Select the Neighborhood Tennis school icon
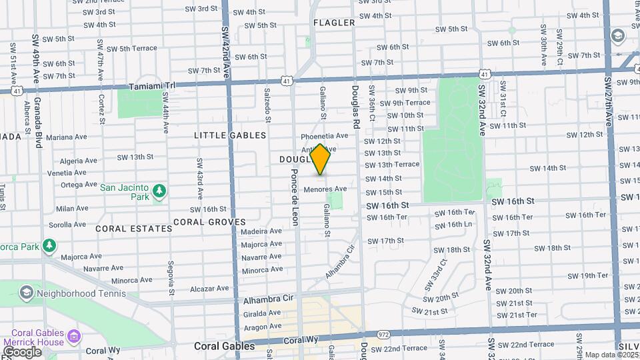pos(26,292)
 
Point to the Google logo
pos(22,351)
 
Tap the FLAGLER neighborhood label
pos(334,23)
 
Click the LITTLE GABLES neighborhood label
pos(230,135)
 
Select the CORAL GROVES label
pos(209,222)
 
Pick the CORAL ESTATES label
pos(133,229)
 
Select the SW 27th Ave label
pos(609,101)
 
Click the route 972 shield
pos(383,334)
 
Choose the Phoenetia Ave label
pos(325,135)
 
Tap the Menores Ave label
pos(325,189)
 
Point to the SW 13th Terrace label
pos(391,165)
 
